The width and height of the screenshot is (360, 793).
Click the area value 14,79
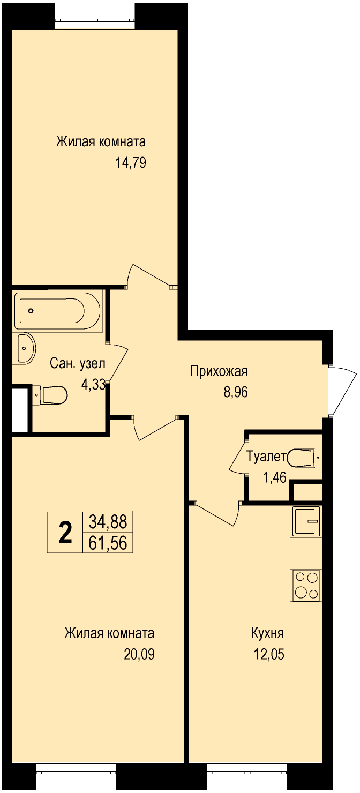131,163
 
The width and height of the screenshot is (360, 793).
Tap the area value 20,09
139,654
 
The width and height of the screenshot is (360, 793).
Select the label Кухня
268,633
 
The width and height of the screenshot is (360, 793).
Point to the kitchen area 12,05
269,654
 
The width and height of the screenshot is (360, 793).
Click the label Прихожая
219,371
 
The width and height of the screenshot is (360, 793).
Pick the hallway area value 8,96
235,392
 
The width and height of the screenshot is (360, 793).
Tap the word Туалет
266,457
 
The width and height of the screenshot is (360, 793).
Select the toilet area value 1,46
274,477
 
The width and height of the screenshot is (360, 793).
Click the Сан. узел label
78,363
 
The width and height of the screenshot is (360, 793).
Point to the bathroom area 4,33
93,384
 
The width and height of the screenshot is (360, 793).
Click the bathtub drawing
57,311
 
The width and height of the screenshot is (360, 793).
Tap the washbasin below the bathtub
26,348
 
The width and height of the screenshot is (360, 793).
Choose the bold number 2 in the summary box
65,533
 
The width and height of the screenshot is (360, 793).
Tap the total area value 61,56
108,543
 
